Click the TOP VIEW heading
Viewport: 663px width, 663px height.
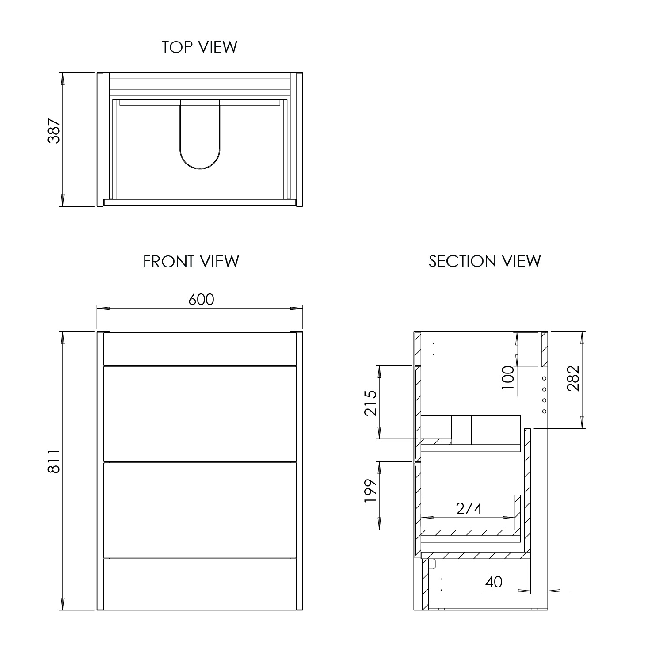pos(199,47)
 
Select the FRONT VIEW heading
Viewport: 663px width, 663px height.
pos(191,262)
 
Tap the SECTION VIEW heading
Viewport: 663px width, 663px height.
pos(485,261)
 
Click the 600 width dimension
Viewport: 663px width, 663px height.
pos(201,300)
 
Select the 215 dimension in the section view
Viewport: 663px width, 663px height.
pos(370,403)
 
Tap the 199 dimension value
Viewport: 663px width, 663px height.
pos(370,491)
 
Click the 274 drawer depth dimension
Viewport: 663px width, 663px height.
pos(469,509)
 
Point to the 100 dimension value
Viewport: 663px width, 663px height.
pos(508,377)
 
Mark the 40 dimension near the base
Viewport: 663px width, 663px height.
pos(494,582)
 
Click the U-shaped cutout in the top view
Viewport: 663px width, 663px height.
pos(200,137)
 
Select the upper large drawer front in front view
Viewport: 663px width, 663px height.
pos(200,413)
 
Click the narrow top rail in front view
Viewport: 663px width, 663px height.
pos(200,349)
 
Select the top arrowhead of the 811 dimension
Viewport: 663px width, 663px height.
pos(63,336)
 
